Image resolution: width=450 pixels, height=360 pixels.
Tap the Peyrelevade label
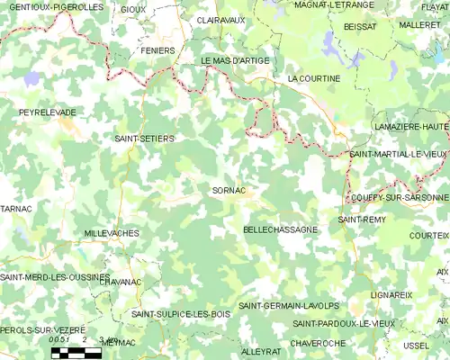48,112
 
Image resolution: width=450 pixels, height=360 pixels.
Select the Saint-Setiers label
144,139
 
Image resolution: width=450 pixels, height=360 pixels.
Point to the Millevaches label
111,233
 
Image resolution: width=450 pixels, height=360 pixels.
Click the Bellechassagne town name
281,230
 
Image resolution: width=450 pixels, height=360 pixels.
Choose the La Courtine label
313,79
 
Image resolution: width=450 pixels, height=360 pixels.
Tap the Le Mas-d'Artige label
235,60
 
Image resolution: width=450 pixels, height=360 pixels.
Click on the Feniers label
158,50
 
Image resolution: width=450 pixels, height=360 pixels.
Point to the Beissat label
360,27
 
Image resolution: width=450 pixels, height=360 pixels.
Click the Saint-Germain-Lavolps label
282,306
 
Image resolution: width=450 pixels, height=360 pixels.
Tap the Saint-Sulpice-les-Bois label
181,314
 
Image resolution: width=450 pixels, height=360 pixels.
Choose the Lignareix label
391,294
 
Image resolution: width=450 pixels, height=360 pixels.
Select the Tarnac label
16,209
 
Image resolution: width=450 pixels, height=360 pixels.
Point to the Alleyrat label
261,351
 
